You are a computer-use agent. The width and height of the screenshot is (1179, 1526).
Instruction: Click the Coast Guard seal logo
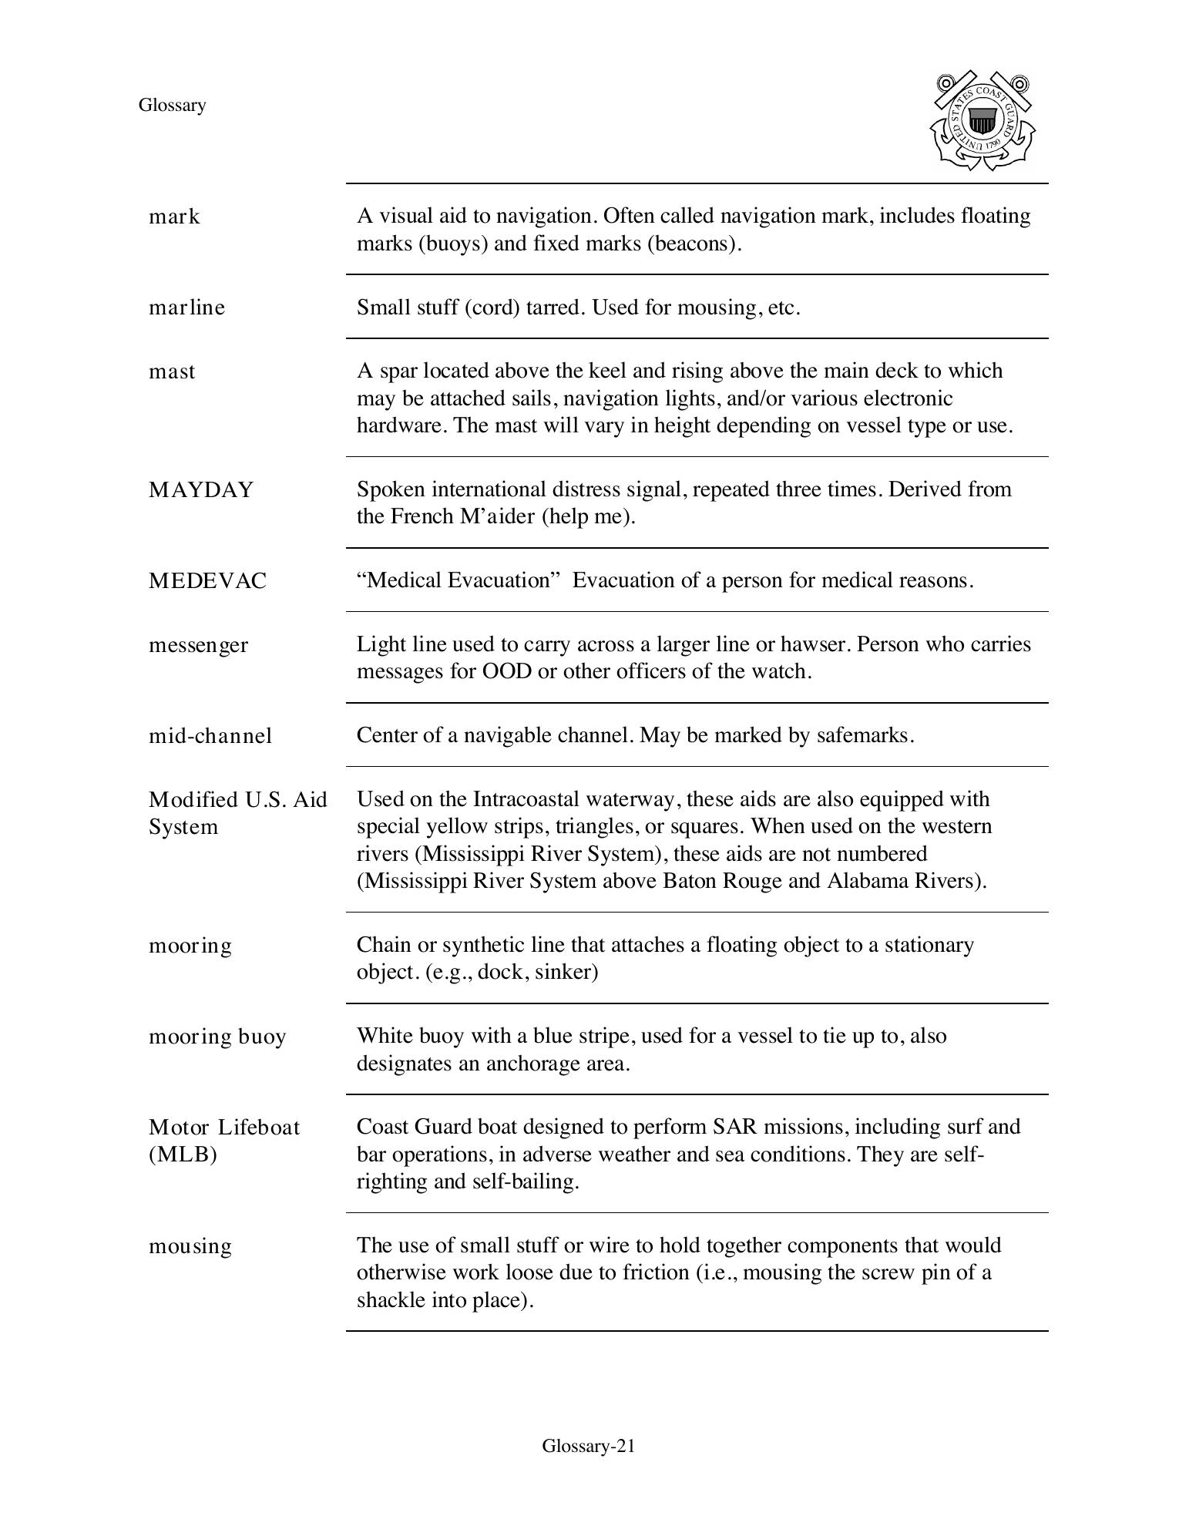(982, 121)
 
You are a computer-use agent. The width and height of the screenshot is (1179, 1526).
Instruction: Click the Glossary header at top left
(172, 106)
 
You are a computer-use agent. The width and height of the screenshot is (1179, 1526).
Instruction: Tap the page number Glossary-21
(588, 1446)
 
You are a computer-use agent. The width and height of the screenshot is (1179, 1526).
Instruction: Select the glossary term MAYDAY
(200, 490)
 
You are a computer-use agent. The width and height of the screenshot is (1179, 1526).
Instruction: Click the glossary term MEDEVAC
(207, 581)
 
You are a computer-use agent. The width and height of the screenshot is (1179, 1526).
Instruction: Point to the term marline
(186, 308)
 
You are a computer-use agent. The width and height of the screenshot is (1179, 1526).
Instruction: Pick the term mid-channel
(210, 736)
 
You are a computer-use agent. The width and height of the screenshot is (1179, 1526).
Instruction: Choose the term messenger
(198, 645)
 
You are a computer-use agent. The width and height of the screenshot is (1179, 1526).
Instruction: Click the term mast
(172, 371)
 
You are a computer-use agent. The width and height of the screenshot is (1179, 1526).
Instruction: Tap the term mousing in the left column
(190, 1246)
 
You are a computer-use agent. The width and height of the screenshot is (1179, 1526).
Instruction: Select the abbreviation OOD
(506, 671)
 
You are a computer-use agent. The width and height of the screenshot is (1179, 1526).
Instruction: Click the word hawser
(815, 644)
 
